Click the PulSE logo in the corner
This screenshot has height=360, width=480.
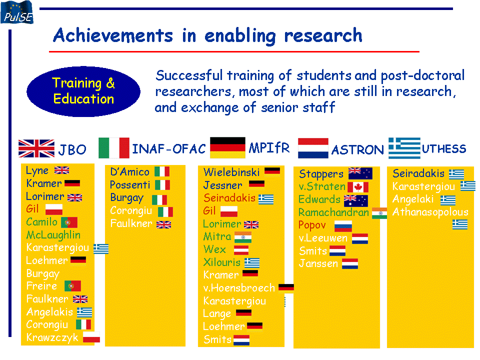(17, 12)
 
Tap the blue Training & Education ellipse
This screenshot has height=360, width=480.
(83, 91)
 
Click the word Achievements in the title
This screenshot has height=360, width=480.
(113, 35)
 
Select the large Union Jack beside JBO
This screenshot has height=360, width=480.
(36, 148)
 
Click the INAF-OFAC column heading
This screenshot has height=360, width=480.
(168, 149)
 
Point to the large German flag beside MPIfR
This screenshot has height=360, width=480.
(227, 147)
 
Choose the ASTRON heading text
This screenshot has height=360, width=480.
(357, 150)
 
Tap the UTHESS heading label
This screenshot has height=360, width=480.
(444, 149)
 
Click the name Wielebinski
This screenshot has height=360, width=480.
(231, 172)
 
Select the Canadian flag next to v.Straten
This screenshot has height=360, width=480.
(358, 186)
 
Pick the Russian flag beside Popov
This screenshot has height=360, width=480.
(343, 226)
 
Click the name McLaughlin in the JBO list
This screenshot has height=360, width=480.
(53, 235)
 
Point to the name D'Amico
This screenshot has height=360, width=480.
(130, 171)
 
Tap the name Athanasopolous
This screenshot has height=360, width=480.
(430, 212)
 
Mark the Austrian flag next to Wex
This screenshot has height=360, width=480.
(241, 250)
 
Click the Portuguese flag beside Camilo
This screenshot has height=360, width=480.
(69, 222)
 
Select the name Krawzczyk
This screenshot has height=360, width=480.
(52, 337)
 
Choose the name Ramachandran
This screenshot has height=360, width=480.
(333, 212)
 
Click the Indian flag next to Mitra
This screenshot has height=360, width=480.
(243, 237)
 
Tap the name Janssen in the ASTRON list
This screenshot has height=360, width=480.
(318, 263)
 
